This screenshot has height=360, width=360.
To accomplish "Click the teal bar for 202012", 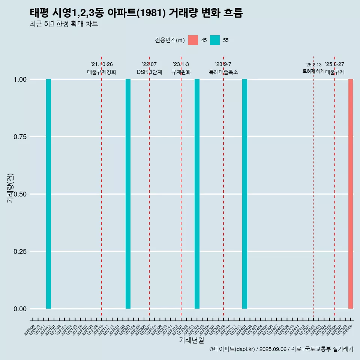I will [x=48, y=194].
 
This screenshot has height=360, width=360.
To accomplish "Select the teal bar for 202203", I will [x=128, y=194].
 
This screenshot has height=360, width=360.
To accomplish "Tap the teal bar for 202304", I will [x=197, y=194].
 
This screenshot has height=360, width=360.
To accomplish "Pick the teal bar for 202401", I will [x=244, y=194].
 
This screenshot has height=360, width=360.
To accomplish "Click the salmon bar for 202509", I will [x=351, y=194].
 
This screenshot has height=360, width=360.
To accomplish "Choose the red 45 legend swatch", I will [x=193, y=40].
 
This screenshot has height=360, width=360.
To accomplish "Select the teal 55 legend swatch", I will [x=215, y=40].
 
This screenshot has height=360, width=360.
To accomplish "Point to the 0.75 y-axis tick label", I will [x=19, y=137].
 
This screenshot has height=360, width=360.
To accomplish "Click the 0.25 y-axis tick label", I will [x=19, y=252].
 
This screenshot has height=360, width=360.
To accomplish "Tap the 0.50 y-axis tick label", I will [x=19, y=194].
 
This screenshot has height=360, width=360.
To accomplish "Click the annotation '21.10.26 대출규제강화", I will [x=102, y=69].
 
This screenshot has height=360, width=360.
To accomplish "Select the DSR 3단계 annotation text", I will [x=149, y=72].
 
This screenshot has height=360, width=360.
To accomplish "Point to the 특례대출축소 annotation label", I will [x=223, y=72].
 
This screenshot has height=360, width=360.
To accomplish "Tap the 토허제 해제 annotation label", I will [x=313, y=71].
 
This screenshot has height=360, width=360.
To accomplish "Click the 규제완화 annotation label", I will [x=181, y=72].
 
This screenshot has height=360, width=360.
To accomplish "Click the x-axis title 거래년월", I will [x=191, y=340].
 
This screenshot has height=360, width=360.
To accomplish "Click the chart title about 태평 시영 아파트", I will [x=136, y=13].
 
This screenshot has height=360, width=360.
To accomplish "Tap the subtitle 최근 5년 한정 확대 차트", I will [x=64, y=24].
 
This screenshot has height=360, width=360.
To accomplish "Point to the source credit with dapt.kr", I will [x=281, y=349].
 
